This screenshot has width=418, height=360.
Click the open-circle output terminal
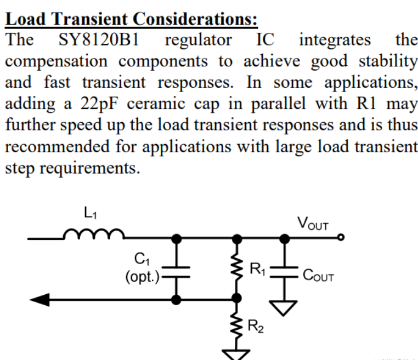pos(341,239)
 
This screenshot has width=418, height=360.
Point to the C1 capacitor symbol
pos(177,270)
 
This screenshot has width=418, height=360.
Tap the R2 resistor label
pos(256,328)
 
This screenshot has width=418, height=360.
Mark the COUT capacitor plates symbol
pos(285,270)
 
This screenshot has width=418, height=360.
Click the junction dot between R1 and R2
pos(237,299)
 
